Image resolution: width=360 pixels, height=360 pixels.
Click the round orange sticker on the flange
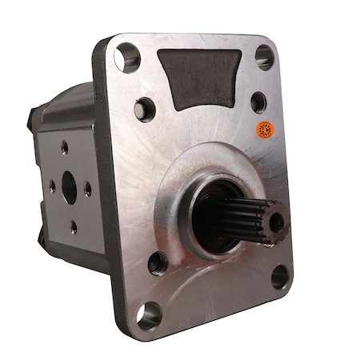coord(263,130)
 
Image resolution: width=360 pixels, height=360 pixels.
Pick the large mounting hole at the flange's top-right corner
coord(264,55)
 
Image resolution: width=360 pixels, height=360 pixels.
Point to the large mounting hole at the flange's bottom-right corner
coord(280,276)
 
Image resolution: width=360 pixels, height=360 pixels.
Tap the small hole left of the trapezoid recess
coord(145,107)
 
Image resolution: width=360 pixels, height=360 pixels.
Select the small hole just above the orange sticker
coord(258,102)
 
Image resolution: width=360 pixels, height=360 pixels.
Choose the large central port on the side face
coord(68,189)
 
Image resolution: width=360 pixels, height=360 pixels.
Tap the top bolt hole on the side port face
coord(64,148)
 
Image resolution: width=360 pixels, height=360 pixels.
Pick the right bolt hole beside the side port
coord(87,190)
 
